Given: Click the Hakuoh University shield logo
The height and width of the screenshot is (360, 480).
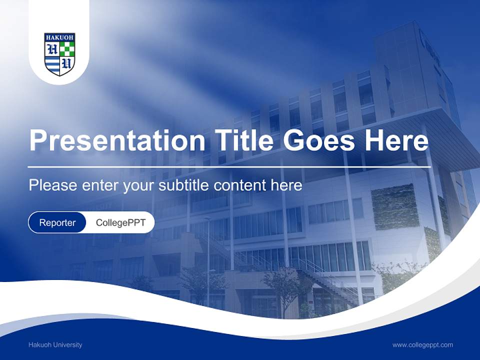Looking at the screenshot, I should click(x=59, y=54).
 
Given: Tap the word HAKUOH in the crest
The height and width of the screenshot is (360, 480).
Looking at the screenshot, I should click(x=59, y=37).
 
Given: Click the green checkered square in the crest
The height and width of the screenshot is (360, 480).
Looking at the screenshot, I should click(x=67, y=48).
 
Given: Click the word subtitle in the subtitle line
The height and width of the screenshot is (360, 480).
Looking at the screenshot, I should click(x=185, y=185).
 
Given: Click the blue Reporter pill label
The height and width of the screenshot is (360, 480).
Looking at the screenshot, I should click(x=57, y=222).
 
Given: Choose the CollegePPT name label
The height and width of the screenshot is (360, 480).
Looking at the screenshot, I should click(x=120, y=222).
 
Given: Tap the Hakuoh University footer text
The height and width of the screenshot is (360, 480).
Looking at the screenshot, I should click(x=55, y=344).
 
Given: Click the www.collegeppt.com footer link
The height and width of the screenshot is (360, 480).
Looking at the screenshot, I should click(x=422, y=344).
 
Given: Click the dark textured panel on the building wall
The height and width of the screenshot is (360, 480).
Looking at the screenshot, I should click(x=395, y=206).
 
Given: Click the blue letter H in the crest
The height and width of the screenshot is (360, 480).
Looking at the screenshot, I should click(x=52, y=49).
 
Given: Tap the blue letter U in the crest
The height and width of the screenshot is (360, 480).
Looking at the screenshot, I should click(x=67, y=63).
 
